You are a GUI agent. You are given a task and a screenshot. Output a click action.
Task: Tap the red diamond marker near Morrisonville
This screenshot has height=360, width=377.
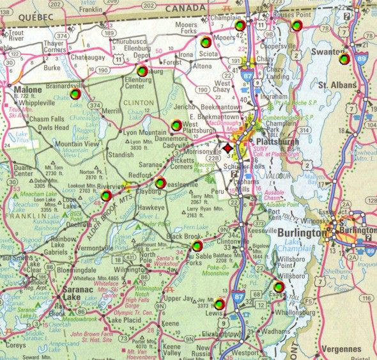point(228,148)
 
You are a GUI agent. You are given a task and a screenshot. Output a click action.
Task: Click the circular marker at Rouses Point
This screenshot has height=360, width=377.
point(296,25)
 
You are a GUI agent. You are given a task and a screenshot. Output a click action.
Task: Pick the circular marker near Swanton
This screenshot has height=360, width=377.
point(343,59)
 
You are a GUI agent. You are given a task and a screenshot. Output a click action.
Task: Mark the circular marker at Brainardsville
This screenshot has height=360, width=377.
point(75,94)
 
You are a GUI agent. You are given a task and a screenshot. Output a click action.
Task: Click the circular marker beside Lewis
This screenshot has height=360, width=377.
point(220,304)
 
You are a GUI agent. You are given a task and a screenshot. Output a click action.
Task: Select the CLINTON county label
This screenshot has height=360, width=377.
point(139,102)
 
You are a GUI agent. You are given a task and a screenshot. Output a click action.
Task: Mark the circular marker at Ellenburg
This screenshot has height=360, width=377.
point(141,71)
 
